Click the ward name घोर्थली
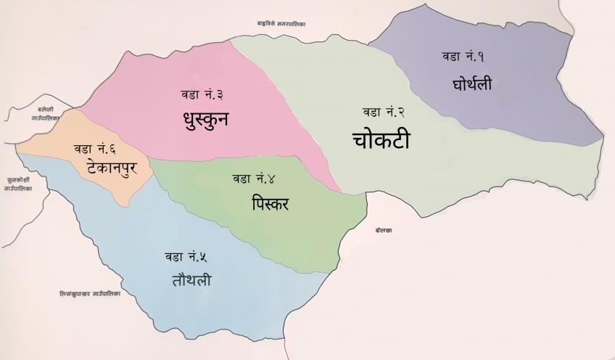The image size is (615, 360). [x=471, y=84]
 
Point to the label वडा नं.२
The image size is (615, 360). [x=384, y=112]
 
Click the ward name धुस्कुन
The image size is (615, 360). [x=206, y=118]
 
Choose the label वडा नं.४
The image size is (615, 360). [x=259, y=178]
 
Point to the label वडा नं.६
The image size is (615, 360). [x=94, y=149]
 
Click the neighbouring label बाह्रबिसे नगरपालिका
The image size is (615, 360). [x=281, y=24]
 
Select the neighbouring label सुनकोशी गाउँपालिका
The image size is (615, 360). [x=16, y=182]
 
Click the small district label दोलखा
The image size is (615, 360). [x=384, y=229]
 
